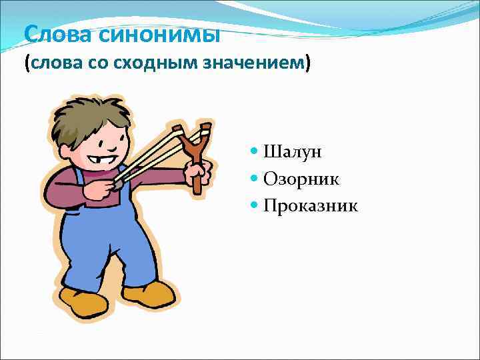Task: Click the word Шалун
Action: click(x=293, y=152)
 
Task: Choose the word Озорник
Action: click(x=301, y=179)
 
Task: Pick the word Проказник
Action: click(x=311, y=205)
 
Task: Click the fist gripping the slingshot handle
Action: click(x=197, y=173)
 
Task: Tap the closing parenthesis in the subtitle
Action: click(x=309, y=64)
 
